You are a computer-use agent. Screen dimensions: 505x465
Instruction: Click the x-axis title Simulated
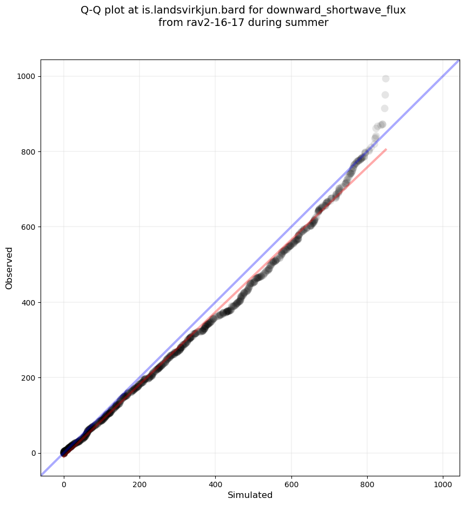(250, 495)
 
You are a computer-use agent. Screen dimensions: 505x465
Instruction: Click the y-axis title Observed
(9, 268)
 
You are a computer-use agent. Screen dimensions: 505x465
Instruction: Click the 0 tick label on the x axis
(64, 479)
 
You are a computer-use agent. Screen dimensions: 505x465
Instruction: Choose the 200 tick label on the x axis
(139, 479)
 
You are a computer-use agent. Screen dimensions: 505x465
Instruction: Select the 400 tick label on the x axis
(216, 479)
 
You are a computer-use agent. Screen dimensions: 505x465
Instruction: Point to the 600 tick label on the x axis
(291, 479)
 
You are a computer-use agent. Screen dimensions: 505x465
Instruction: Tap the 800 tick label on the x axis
(368, 479)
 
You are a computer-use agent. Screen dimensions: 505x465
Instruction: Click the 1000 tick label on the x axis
(443, 479)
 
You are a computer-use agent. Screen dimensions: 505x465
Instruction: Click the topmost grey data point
(386, 78)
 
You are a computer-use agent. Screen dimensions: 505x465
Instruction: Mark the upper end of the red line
(386, 149)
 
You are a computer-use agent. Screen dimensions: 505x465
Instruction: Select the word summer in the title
(309, 23)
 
